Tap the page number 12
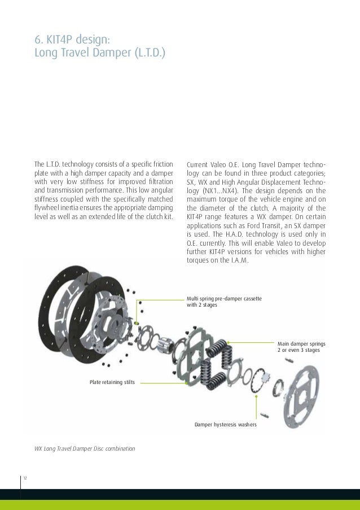tap(25, 479)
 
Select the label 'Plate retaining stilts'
tap(112, 382)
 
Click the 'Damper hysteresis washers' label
tap(226, 424)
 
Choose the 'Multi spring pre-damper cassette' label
tap(223, 298)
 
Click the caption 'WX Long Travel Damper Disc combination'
tap(85, 448)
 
